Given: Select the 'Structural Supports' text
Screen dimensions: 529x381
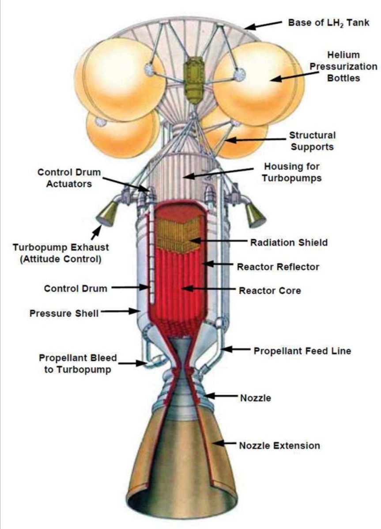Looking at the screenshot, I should coord(312,141).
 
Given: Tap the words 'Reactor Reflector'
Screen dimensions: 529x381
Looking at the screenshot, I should coord(278,267).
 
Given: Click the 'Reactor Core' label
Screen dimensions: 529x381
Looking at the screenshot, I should coord(270,291).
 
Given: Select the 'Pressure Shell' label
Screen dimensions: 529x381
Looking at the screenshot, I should coord(64,313).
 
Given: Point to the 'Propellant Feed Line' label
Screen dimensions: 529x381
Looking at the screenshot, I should coord(302,351).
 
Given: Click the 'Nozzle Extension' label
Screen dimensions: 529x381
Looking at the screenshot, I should coord(279,446).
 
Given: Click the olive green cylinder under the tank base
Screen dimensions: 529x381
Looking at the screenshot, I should coord(193,79).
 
